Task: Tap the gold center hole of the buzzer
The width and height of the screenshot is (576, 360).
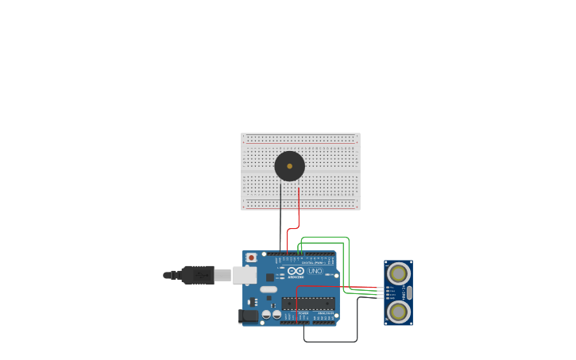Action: (x=289, y=166)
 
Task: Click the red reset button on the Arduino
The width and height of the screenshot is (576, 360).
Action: (x=252, y=257)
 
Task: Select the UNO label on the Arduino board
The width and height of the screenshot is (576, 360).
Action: (x=315, y=271)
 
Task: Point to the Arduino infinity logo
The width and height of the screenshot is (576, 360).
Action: (x=296, y=271)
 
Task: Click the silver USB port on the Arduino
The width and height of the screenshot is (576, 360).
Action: (x=245, y=275)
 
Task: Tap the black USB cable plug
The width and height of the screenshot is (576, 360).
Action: (x=198, y=275)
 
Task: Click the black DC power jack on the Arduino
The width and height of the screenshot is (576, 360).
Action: (x=249, y=316)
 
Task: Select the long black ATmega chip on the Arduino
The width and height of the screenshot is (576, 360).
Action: (x=307, y=304)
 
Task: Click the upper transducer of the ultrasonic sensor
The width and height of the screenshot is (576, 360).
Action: (x=398, y=273)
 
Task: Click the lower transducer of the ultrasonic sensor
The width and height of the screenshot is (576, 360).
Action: (x=398, y=311)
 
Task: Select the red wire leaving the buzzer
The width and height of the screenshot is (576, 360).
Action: (x=299, y=208)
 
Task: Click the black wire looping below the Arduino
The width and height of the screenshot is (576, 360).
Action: (x=330, y=342)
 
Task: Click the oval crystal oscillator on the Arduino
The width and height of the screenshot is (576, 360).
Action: (x=269, y=289)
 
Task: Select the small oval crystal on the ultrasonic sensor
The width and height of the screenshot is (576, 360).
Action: (x=409, y=292)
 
